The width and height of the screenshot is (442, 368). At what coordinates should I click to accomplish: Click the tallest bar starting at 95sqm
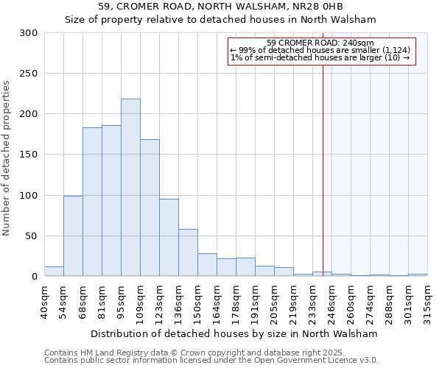click(130, 188)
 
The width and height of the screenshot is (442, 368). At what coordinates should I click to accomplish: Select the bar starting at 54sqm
click(73, 236)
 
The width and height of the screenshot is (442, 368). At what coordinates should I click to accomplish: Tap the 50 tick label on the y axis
click(31, 236)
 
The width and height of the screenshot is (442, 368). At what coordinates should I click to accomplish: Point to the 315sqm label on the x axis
click(428, 303)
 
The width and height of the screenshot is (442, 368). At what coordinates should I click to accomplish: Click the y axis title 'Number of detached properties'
click(7, 158)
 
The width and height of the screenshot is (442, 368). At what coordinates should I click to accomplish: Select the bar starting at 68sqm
click(92, 202)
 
